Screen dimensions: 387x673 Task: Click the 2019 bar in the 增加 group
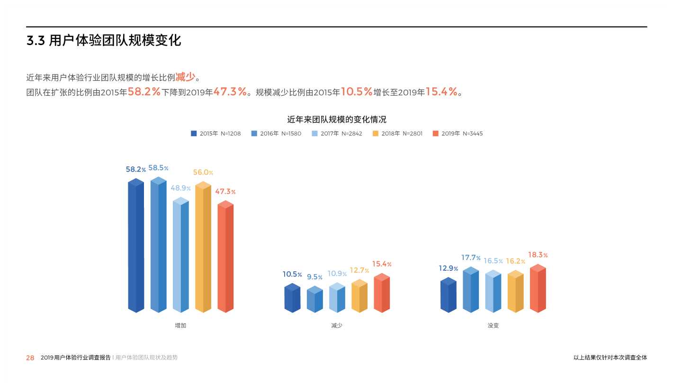225,258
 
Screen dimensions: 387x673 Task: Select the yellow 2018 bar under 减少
359,297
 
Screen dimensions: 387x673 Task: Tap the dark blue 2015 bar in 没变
448,296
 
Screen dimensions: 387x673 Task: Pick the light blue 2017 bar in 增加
181,256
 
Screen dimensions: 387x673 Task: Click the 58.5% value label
158,168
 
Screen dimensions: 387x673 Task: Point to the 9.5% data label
314,277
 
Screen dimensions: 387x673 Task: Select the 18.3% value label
538,255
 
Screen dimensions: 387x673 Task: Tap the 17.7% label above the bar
471,258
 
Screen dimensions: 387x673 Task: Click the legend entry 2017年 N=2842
337,134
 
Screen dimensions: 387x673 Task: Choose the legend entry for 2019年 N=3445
458,134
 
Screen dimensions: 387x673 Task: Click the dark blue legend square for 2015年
194,134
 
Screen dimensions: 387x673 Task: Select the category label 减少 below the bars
337,326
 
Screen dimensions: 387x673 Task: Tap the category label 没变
493,326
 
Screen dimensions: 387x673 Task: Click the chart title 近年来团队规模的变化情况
337,120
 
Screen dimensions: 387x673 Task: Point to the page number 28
30,358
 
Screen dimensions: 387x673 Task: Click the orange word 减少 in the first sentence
185,77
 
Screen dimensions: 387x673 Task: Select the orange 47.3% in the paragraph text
230,92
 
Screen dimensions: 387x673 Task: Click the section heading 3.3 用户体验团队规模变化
104,41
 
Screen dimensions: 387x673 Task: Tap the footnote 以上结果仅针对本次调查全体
610,358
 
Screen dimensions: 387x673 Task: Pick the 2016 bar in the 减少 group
314,300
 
